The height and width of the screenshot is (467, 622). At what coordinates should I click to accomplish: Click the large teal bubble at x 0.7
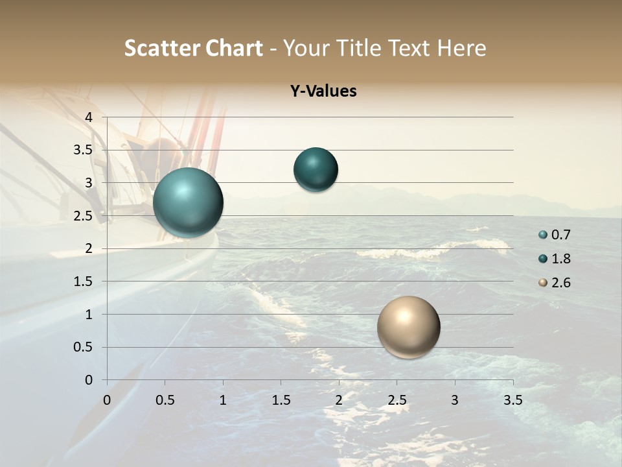189,202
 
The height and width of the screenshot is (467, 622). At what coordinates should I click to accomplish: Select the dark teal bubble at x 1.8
316,170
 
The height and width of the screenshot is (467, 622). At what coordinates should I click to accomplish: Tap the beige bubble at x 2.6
408,327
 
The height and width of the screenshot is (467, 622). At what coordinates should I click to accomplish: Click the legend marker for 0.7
543,235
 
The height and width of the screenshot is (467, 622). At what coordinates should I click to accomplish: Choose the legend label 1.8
561,259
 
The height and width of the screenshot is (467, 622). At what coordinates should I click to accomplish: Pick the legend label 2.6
561,283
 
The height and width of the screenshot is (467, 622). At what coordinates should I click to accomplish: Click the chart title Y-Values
323,91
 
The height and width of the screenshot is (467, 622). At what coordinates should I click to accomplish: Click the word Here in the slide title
461,48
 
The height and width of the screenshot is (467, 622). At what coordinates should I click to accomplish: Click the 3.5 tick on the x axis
513,400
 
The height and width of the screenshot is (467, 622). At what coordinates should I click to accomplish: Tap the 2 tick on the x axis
339,400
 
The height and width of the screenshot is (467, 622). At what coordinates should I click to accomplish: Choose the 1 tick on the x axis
223,400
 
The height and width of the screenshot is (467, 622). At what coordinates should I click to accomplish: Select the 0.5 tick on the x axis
165,400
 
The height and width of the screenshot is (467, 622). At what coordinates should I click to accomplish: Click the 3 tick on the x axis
455,400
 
